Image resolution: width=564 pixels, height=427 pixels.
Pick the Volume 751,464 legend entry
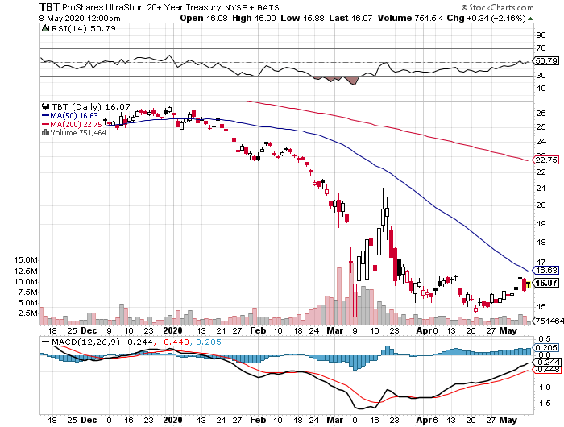(x=73, y=133)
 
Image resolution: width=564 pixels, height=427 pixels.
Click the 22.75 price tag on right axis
(x=546, y=160)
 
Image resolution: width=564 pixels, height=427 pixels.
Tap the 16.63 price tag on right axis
(x=546, y=272)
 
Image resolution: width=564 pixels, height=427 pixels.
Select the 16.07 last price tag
(x=546, y=283)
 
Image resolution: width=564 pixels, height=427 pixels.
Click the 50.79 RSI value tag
(x=546, y=60)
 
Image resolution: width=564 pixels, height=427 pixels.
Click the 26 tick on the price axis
(x=541, y=114)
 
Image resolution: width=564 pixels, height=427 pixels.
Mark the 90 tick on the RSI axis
(x=541, y=35)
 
